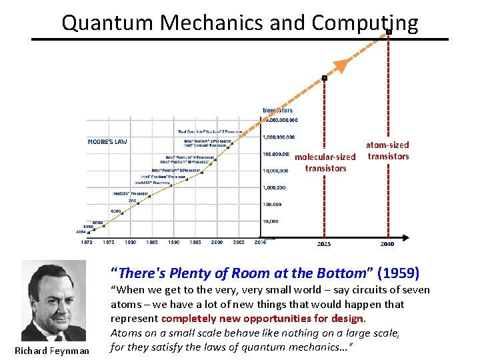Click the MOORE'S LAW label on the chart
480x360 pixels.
[107, 141]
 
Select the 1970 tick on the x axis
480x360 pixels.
[87, 243]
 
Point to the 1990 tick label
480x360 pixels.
[173, 243]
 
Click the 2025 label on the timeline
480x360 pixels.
[323, 244]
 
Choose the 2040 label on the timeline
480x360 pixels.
[387, 244]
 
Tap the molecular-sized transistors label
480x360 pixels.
[325, 163]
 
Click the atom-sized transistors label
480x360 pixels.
[388, 150]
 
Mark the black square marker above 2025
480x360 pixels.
[325, 78]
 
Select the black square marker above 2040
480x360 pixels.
[388, 31]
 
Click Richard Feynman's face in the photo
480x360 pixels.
[54, 293]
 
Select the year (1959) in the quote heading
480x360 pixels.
[399, 273]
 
